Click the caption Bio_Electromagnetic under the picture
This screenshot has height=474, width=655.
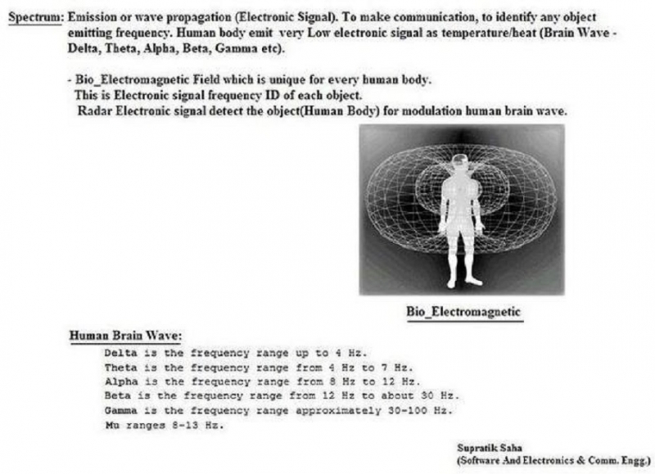[x=463, y=312]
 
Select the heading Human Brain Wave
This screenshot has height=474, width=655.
[x=124, y=336]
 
